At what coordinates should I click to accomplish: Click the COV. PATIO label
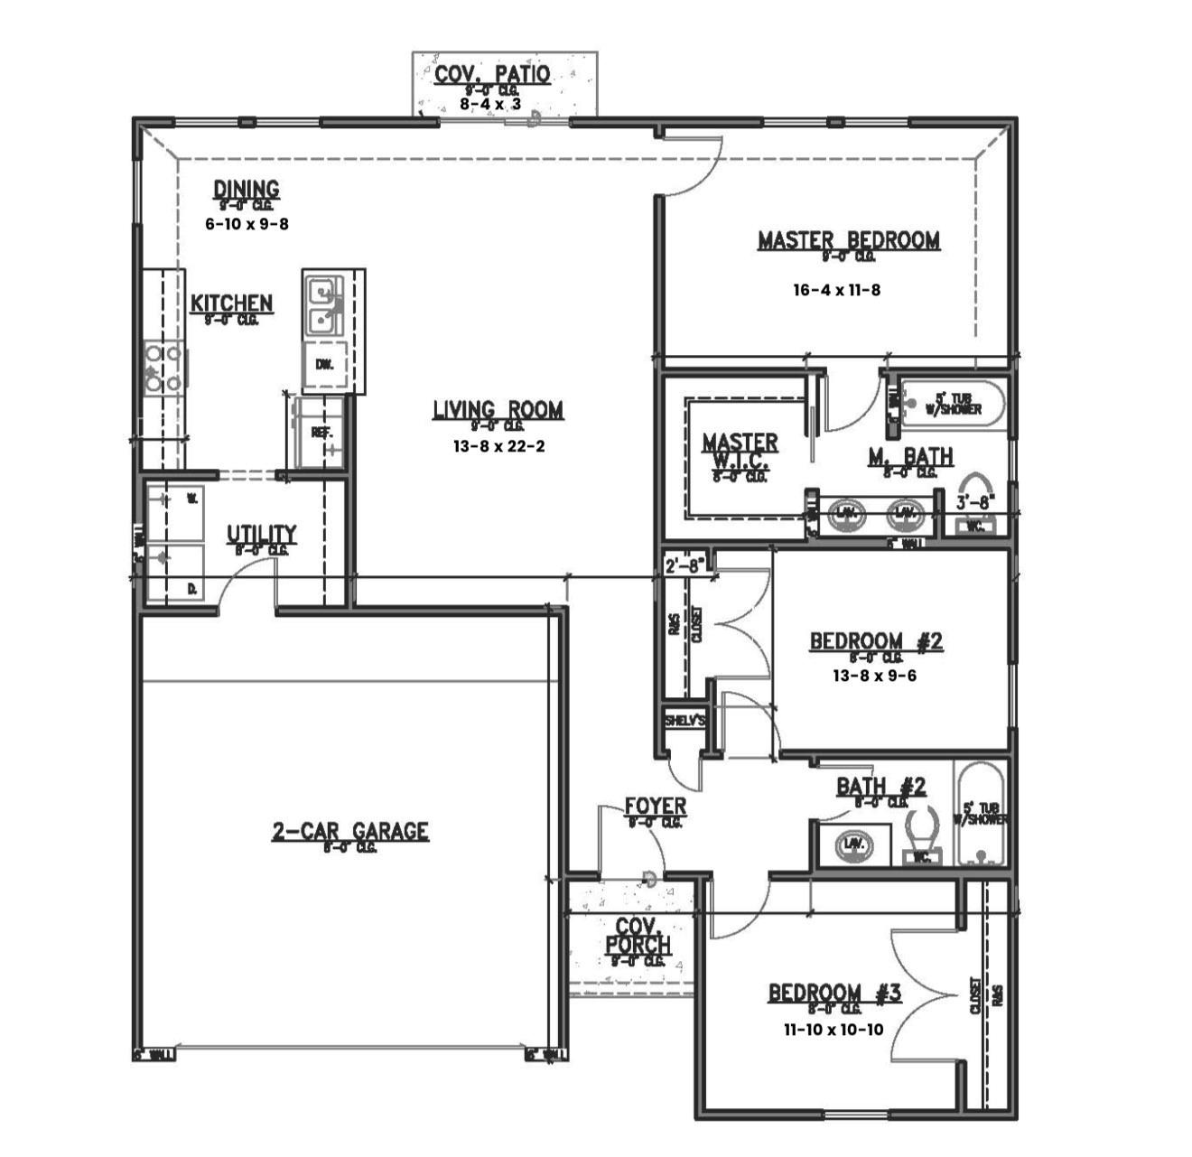tap(492, 74)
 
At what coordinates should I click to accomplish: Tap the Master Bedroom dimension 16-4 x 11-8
tap(836, 290)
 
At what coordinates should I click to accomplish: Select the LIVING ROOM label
tap(498, 410)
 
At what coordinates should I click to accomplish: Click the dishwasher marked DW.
tap(324, 365)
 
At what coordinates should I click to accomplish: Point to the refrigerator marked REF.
tap(321, 434)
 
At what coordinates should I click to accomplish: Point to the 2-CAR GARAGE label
tap(350, 831)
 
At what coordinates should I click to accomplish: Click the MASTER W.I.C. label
tap(740, 451)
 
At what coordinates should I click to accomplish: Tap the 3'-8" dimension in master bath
tap(975, 499)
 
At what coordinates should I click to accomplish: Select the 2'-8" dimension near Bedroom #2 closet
tap(684, 567)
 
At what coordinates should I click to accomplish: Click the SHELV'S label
tap(684, 721)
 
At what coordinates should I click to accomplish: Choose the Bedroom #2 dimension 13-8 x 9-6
tap(874, 675)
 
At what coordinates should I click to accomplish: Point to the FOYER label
tap(656, 806)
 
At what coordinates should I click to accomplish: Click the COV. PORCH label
tap(638, 937)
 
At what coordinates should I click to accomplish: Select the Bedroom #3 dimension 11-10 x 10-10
tap(833, 1029)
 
